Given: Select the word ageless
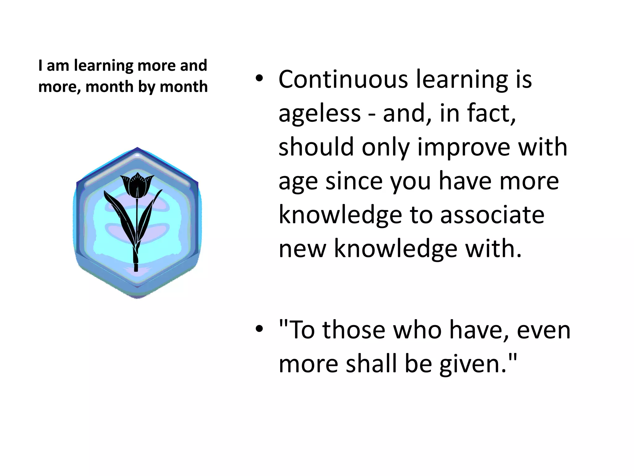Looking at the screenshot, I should click(x=319, y=114).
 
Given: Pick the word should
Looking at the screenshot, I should click(x=316, y=147).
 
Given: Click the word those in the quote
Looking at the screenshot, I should click(x=354, y=330).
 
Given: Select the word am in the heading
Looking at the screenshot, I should click(x=58, y=66).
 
